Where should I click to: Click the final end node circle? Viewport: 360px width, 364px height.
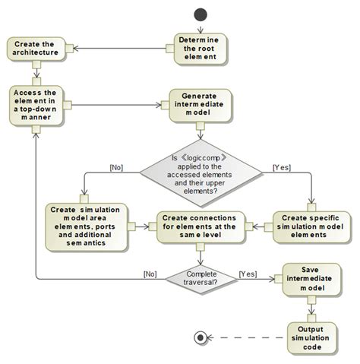201,337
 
